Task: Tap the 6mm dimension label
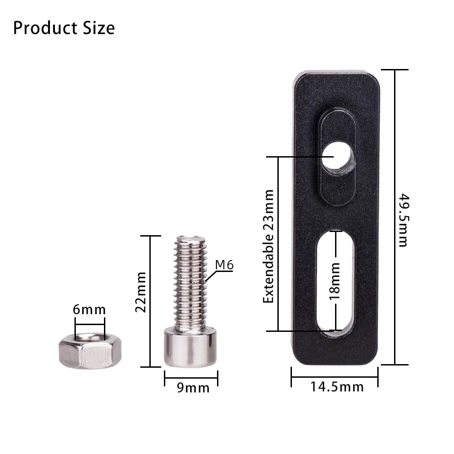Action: coord(89,310)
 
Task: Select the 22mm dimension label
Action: coord(141,292)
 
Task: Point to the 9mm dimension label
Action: coord(193,388)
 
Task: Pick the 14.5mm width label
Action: coord(337,387)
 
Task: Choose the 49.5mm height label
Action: coord(403,220)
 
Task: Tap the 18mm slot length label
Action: coord(335,281)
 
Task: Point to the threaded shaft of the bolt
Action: coord(191,281)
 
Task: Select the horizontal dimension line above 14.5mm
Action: coord(335,376)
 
